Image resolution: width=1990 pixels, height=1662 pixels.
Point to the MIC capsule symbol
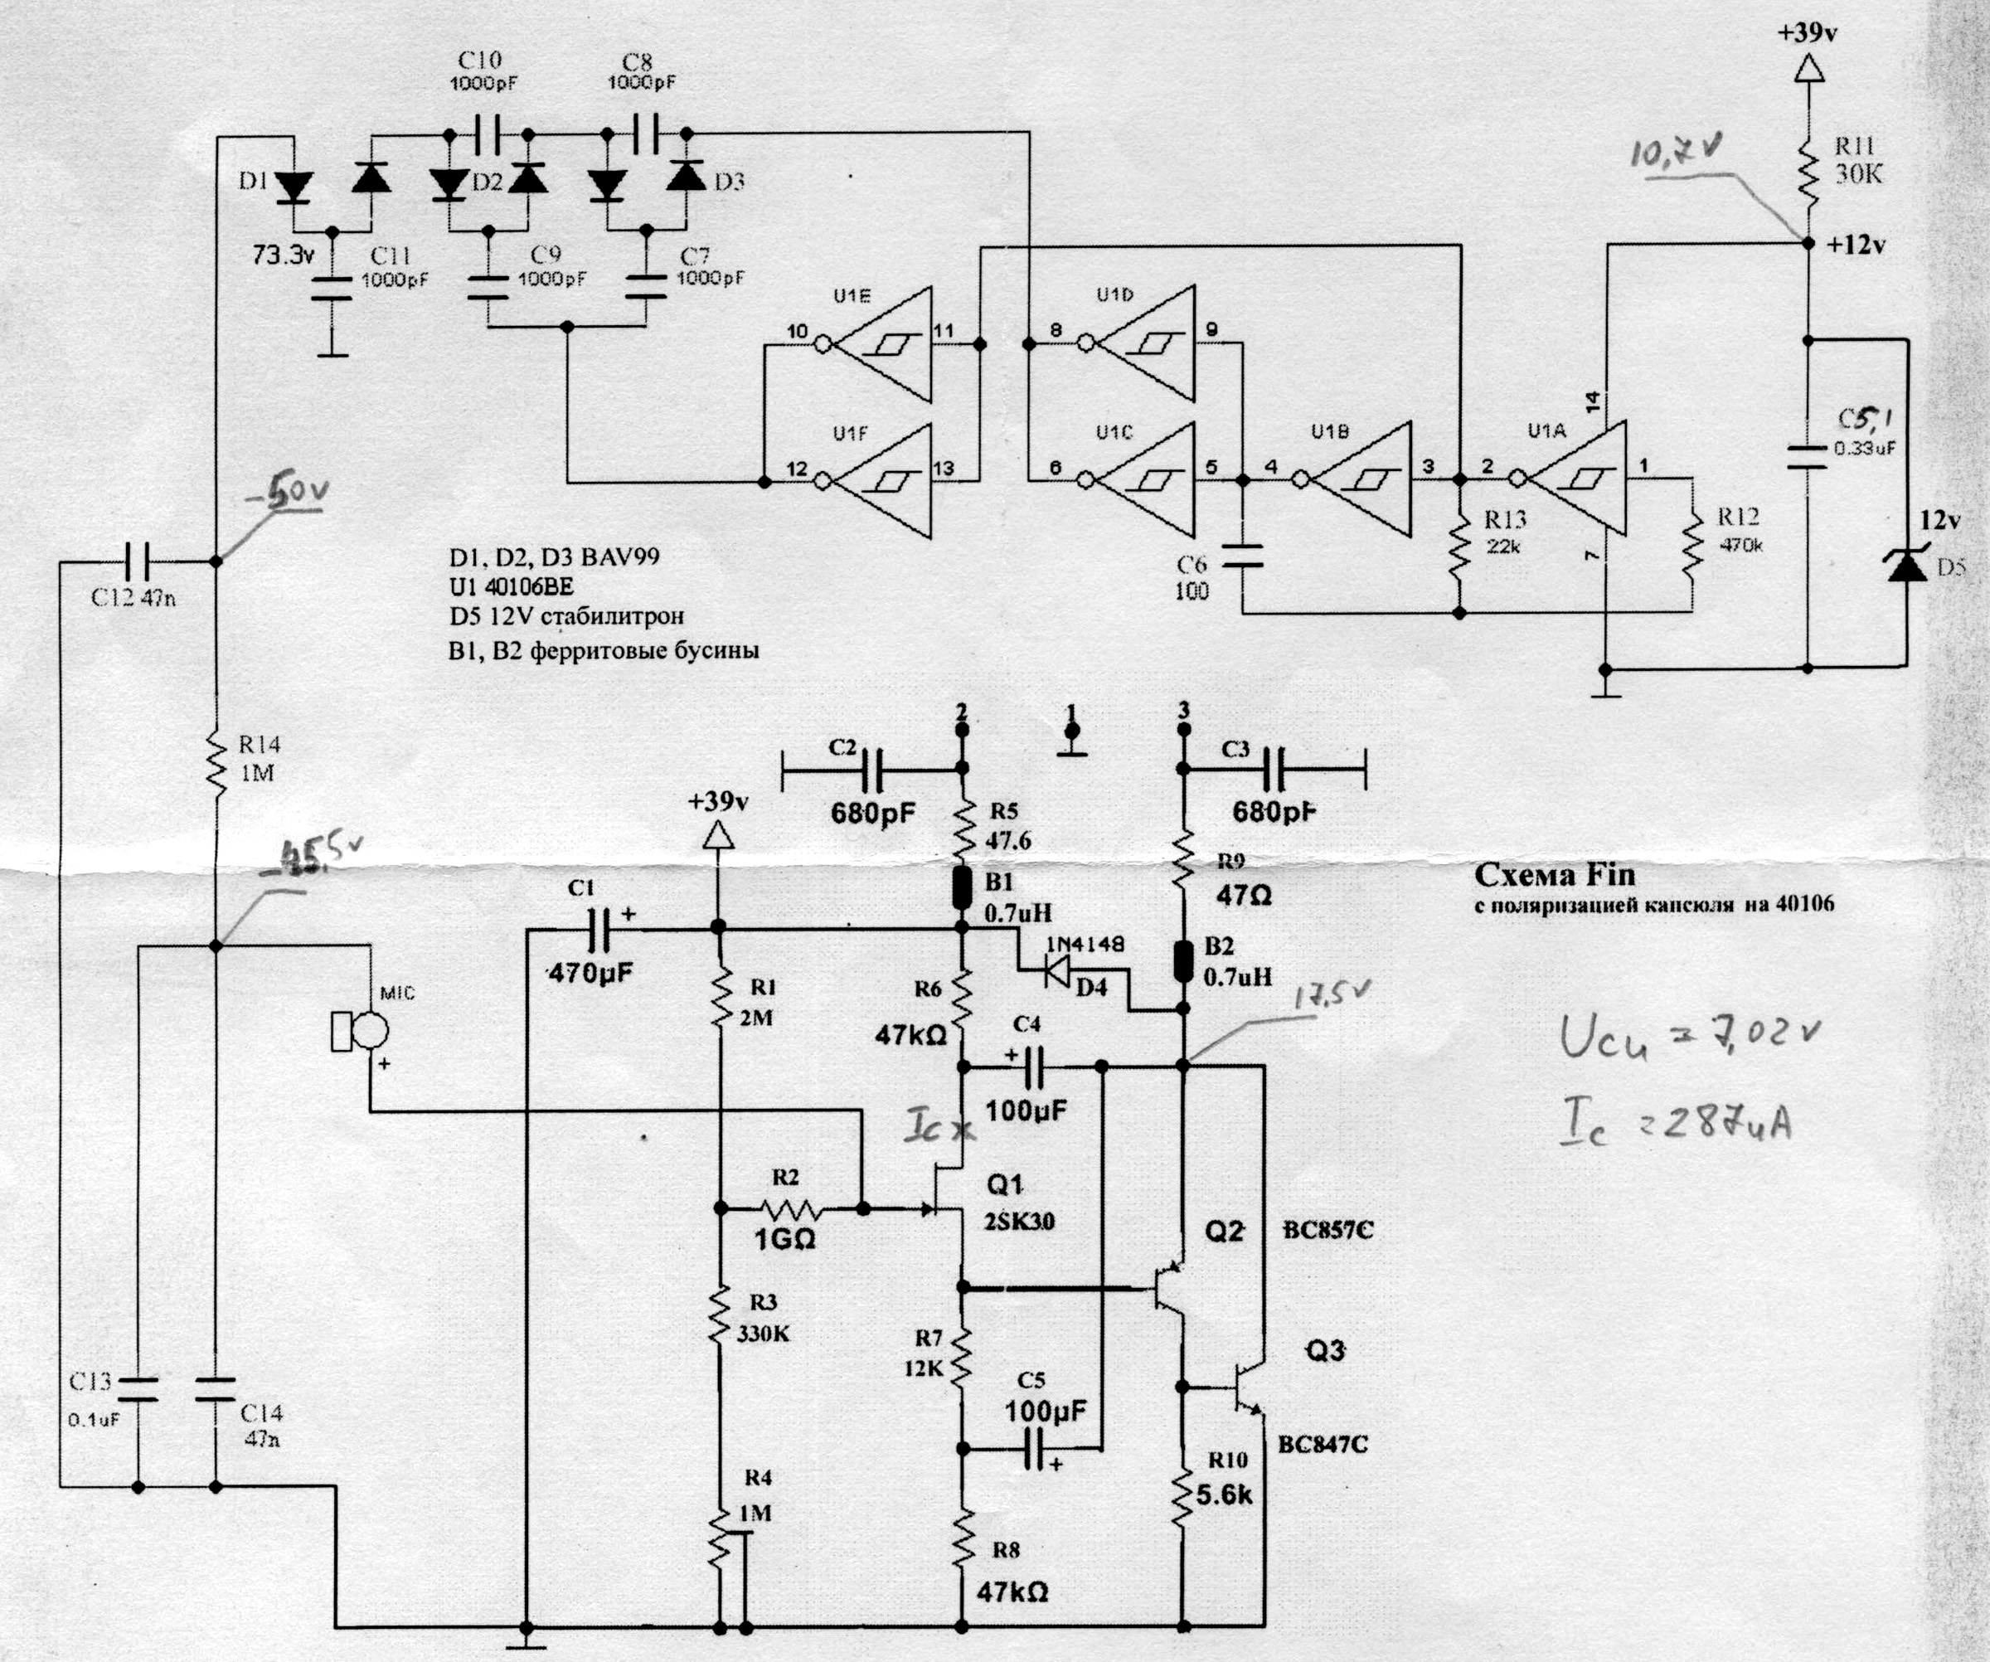(359, 1031)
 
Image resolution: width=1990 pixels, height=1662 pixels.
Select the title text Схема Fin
(1554, 875)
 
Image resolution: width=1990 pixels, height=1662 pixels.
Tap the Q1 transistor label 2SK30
(1019, 1222)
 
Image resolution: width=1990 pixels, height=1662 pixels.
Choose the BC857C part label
(1327, 1231)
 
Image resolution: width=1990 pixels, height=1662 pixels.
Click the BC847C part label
(1323, 1444)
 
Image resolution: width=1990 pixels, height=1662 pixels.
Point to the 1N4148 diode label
(1085, 945)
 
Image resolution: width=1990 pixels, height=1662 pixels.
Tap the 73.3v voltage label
(284, 255)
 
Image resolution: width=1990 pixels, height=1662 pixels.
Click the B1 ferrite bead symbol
(962, 886)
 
